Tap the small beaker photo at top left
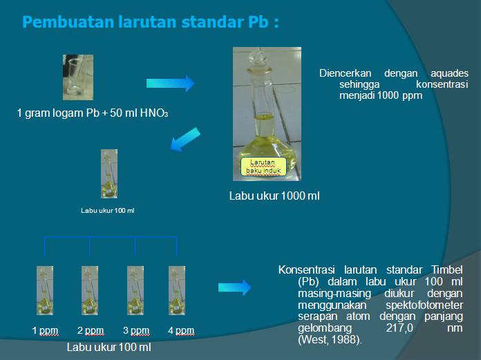(x=77, y=77)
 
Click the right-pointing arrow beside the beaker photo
(x=170, y=84)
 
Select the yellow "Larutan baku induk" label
(x=262, y=167)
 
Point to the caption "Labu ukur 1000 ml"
(x=274, y=196)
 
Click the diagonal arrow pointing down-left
(x=185, y=138)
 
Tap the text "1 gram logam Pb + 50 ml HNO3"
(x=93, y=113)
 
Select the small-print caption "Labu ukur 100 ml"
(x=108, y=210)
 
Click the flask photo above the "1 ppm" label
(x=45, y=290)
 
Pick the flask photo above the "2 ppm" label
(x=90, y=290)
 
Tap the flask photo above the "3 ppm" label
(x=135, y=290)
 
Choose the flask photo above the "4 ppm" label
(x=177, y=290)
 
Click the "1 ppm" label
(x=45, y=331)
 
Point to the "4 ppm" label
(x=181, y=331)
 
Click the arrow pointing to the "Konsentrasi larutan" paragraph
(x=234, y=287)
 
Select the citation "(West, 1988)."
(x=330, y=341)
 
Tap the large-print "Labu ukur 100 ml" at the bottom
(x=109, y=347)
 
